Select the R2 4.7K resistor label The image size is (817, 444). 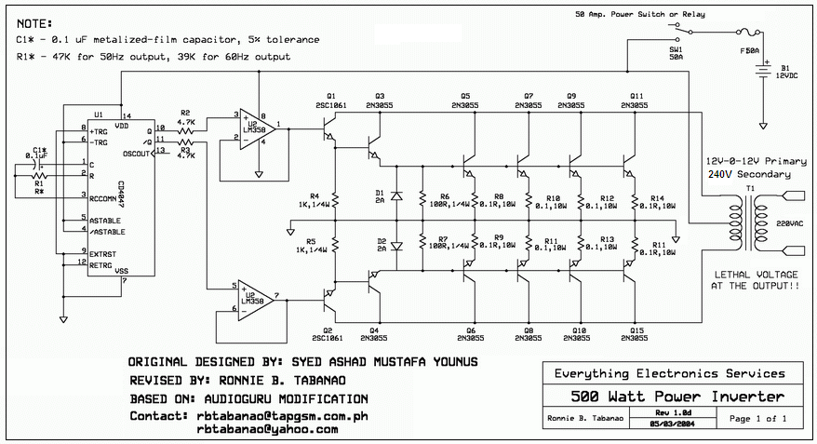pyautogui.click(x=185, y=116)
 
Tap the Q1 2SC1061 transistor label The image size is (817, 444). pyautogui.click(x=330, y=101)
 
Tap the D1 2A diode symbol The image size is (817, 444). pyautogui.click(x=397, y=196)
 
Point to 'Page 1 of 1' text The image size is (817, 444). pyautogui.click(x=758, y=419)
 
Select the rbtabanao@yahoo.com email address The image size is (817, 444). pyautogui.click(x=267, y=429)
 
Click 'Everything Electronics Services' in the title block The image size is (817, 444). pyautogui.click(x=669, y=373)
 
